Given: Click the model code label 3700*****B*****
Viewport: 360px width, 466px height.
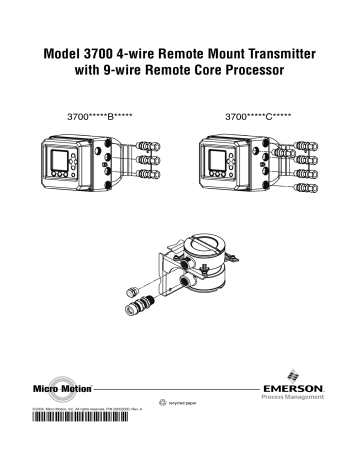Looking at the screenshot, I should pyautogui.click(x=97, y=116).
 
